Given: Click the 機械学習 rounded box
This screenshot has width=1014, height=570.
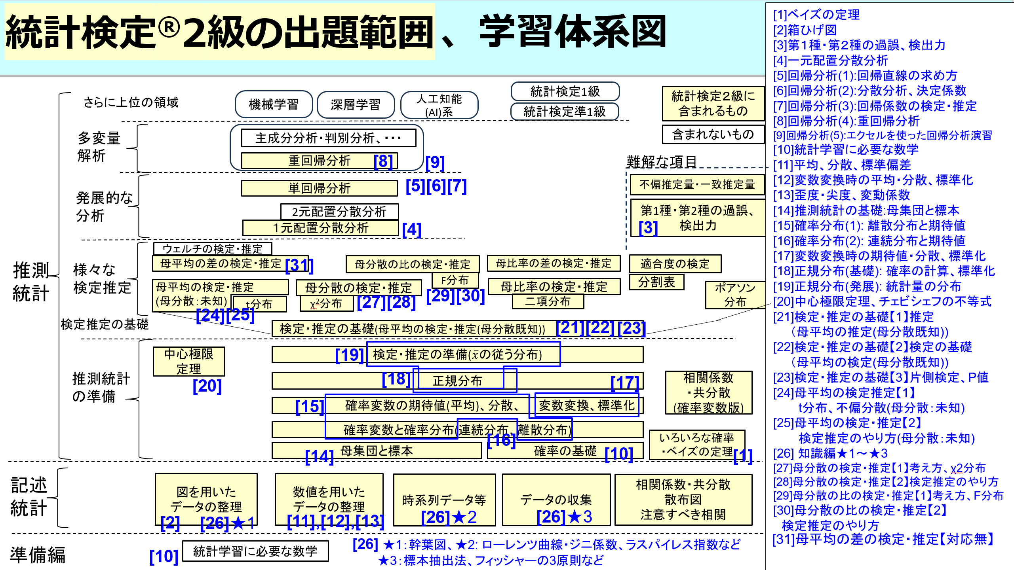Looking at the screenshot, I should click(x=274, y=104).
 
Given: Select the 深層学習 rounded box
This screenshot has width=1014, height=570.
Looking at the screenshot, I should click(x=356, y=104).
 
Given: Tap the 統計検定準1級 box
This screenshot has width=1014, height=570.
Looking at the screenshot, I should click(x=565, y=112).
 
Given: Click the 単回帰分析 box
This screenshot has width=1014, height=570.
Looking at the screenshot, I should click(x=319, y=188).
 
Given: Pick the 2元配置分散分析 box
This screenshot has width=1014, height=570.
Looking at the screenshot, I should click(x=339, y=212).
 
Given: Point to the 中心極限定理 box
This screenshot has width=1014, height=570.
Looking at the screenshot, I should click(x=189, y=361).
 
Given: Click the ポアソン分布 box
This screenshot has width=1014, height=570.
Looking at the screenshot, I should click(x=735, y=295).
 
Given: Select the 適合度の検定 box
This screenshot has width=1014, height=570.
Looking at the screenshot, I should click(x=675, y=263).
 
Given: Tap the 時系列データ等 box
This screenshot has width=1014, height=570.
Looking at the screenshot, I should click(x=444, y=500).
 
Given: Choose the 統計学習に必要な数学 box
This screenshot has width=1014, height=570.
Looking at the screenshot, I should click(x=255, y=551).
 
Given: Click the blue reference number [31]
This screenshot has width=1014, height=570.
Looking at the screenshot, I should click(x=299, y=265).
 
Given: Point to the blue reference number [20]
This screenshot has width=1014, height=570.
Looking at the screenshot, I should click(x=207, y=386).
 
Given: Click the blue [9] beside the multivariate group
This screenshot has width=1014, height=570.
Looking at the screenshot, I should click(x=435, y=163).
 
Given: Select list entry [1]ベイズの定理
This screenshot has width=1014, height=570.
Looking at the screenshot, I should click(x=816, y=15).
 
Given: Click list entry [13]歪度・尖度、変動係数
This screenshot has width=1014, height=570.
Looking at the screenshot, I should click(x=841, y=195).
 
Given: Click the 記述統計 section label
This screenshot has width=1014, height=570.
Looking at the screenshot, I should click(x=29, y=497).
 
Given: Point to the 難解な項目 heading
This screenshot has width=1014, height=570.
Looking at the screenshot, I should click(x=661, y=161).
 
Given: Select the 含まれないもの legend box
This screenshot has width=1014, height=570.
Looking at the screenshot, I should click(x=713, y=134).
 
